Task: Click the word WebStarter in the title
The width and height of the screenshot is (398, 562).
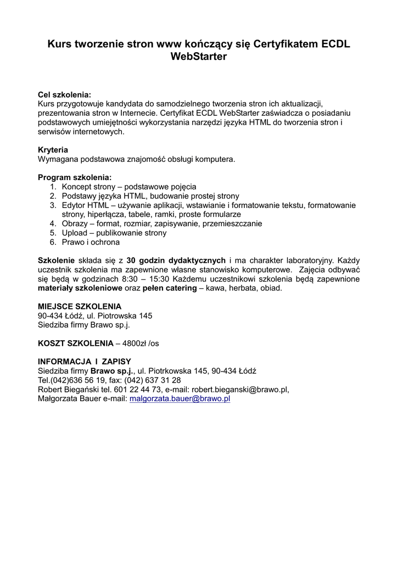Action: [x=199, y=57]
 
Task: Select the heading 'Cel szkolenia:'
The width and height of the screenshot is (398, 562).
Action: [x=64, y=95]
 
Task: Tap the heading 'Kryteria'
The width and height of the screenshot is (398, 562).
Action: [x=53, y=150]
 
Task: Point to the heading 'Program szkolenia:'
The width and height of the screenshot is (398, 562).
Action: [x=75, y=177]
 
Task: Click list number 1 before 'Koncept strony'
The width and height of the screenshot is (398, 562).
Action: [x=53, y=187]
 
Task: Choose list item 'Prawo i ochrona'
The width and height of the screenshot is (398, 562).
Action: [x=91, y=242]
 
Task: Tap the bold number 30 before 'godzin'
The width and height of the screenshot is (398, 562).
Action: [x=131, y=260]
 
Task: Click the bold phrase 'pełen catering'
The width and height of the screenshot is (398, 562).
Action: [x=170, y=288]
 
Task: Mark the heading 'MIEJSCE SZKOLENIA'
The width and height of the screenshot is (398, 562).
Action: [x=80, y=306]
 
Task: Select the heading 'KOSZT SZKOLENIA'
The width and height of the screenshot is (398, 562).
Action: [x=76, y=343]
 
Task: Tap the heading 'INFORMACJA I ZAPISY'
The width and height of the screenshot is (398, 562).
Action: [x=85, y=361]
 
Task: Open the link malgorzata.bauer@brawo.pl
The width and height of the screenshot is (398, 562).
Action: [x=180, y=398]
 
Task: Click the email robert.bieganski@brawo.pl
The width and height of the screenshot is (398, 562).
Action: [x=239, y=389]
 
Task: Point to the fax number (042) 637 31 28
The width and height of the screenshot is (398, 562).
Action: [x=153, y=380]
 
